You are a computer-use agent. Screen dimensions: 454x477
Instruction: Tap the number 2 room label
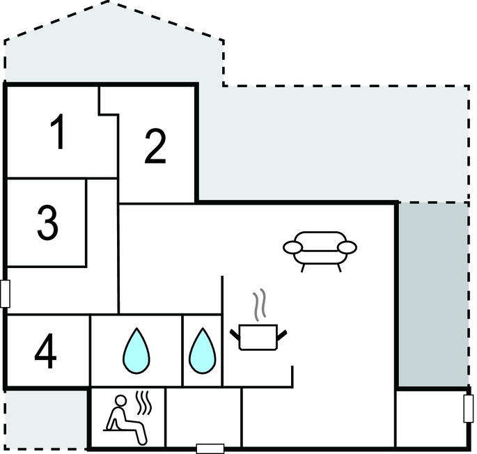[x=155, y=146]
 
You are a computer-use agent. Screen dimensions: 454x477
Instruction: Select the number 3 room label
[x=47, y=223]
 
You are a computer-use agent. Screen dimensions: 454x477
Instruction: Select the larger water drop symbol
[x=136, y=350]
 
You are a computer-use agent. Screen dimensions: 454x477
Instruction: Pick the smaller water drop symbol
[x=203, y=350]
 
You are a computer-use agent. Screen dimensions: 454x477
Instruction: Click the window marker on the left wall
[x=6, y=294]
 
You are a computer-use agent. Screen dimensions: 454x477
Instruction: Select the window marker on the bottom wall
[x=209, y=448]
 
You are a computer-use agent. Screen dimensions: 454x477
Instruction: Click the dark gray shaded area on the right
[x=433, y=292]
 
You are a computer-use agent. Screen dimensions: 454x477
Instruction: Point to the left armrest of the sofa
[x=292, y=246]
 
